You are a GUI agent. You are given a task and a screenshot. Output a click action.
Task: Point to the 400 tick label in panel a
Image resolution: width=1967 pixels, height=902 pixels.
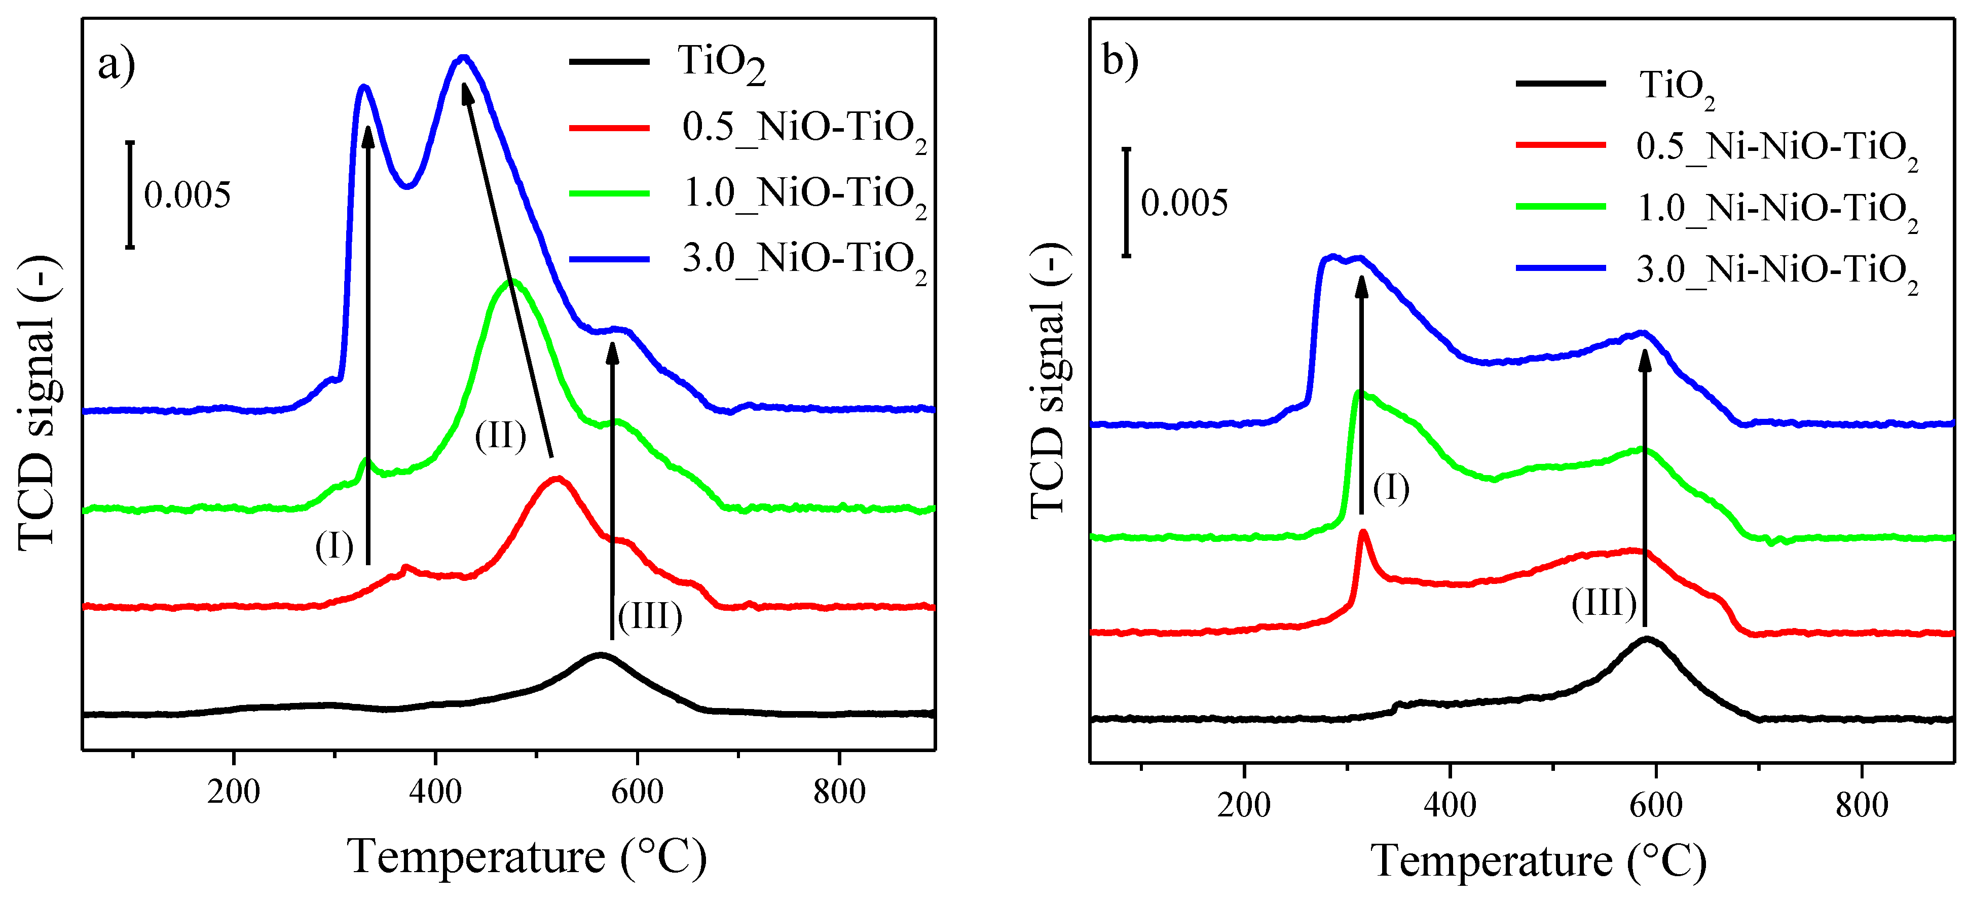(434, 792)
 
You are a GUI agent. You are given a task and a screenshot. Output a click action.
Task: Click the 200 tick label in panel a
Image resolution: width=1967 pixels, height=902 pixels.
(233, 792)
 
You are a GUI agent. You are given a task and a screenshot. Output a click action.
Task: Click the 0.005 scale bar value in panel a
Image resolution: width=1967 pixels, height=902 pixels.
(187, 195)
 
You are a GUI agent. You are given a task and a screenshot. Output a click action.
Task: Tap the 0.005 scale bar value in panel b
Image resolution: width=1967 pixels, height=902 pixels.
(1183, 203)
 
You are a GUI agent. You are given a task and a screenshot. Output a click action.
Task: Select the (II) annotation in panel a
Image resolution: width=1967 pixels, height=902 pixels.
(500, 437)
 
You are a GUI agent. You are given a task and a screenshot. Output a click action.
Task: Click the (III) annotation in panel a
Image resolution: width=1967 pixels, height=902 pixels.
(650, 616)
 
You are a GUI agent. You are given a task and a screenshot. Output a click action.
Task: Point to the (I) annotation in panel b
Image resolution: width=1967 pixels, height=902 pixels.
(1391, 488)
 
